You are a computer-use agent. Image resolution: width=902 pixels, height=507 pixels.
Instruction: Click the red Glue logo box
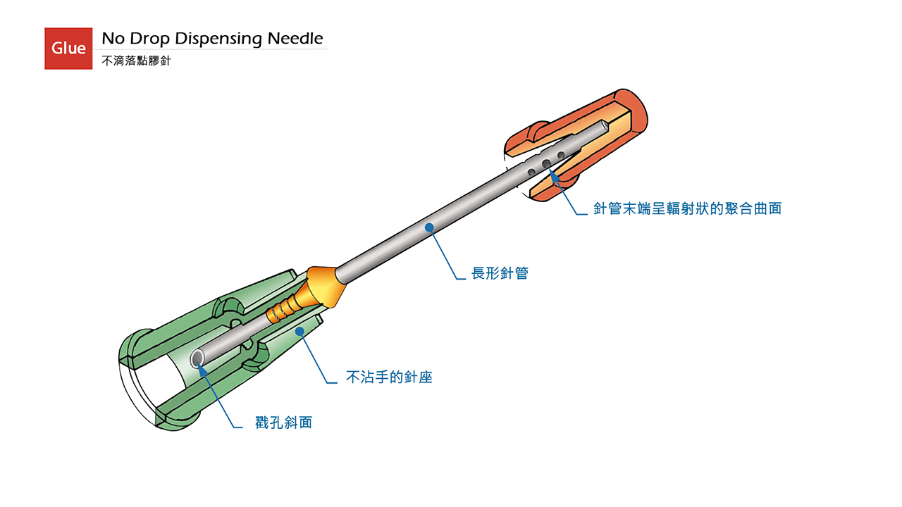68,49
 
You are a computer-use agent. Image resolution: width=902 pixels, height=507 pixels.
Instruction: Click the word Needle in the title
295,39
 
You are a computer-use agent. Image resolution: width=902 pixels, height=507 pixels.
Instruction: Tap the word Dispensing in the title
218,39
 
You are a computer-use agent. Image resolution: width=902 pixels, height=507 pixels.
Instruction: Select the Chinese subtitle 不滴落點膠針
136,61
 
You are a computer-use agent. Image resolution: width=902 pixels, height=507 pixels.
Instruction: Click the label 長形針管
500,273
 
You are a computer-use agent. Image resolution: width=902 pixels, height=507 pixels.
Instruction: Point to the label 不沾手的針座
389,377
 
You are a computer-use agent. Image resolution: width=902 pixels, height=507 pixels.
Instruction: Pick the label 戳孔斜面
283,423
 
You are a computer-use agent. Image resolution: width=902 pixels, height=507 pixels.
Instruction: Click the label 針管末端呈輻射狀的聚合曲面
687,208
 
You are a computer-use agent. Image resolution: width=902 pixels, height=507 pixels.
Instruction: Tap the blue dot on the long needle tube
429,227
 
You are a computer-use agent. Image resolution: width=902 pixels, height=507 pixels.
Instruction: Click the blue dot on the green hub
299,331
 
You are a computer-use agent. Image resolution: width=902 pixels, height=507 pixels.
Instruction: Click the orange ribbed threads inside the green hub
283,308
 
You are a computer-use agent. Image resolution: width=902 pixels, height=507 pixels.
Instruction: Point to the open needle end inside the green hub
197,358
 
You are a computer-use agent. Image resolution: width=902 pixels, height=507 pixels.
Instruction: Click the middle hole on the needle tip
546,164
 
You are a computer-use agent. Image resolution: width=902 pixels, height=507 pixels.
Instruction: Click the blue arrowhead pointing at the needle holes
555,176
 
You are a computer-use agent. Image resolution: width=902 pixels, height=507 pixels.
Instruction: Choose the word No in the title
113,39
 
